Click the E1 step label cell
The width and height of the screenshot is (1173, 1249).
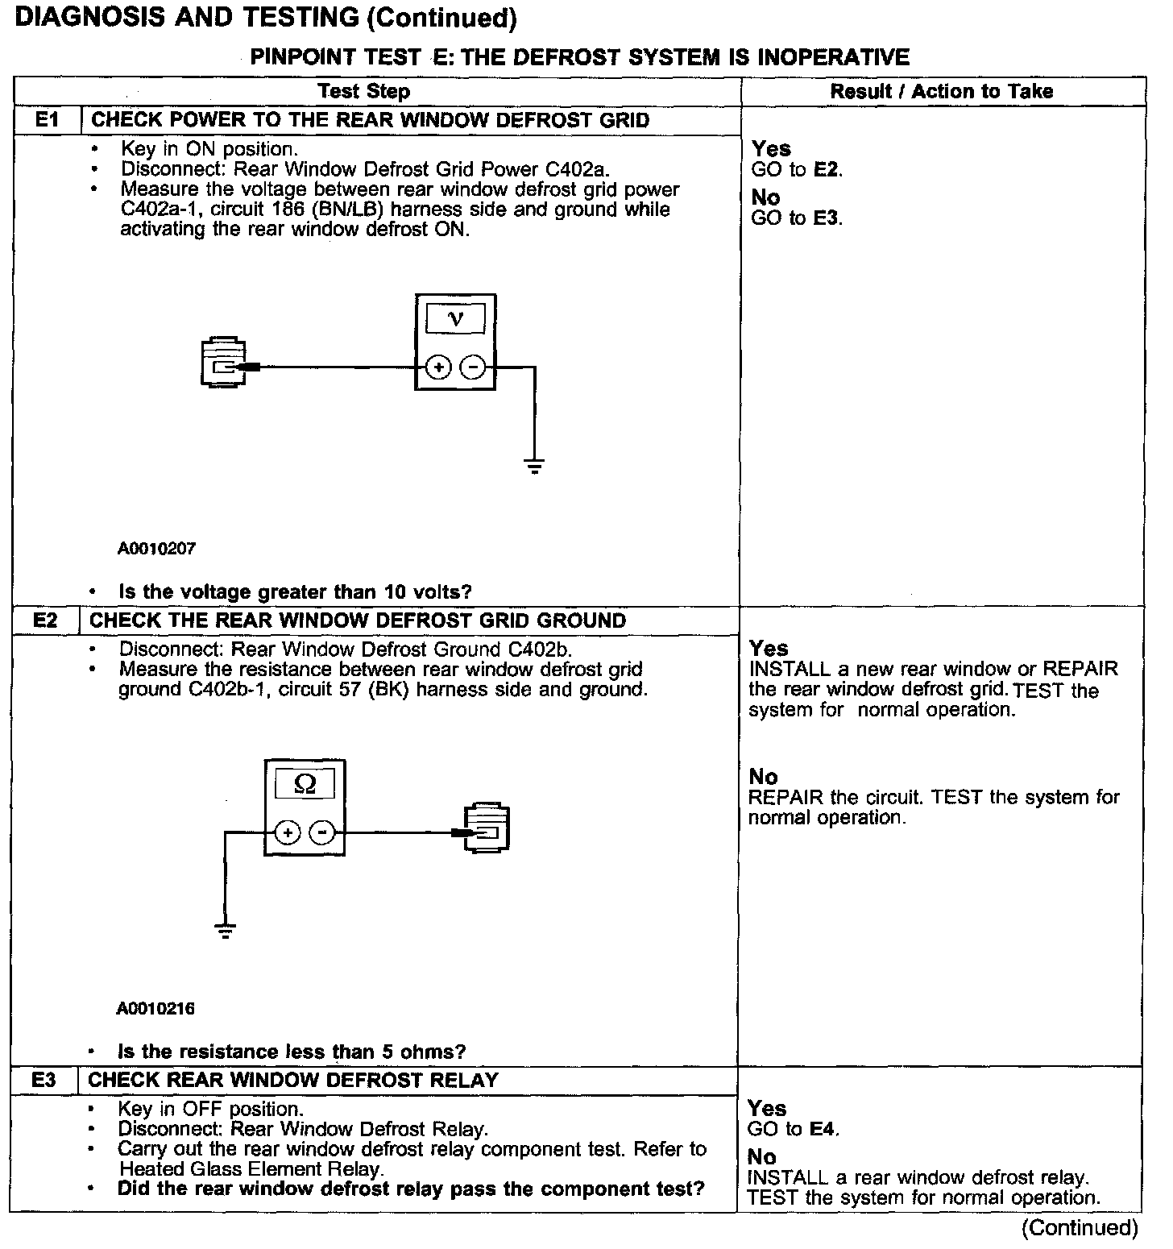(x=48, y=120)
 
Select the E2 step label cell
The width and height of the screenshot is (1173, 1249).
(x=46, y=620)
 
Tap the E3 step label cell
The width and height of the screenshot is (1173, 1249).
(x=44, y=1080)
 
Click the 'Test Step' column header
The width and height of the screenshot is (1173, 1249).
(x=363, y=91)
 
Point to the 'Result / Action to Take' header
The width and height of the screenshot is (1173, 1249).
(x=942, y=91)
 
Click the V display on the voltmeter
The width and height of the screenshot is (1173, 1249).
(x=455, y=319)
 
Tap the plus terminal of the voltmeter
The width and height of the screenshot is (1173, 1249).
(x=438, y=368)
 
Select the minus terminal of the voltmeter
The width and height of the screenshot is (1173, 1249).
(x=473, y=368)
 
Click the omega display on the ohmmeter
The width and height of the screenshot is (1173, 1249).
(x=305, y=783)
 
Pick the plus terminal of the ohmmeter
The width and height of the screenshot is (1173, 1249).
(x=288, y=832)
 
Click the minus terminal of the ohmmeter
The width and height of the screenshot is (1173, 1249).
(x=322, y=832)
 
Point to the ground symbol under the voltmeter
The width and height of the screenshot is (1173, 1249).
(x=534, y=465)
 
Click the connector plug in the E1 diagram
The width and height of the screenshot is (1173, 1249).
(x=222, y=364)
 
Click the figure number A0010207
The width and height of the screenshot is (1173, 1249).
(x=157, y=549)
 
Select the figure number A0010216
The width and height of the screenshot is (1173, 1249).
(x=155, y=1009)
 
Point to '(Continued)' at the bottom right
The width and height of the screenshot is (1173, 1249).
(x=1080, y=1228)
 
